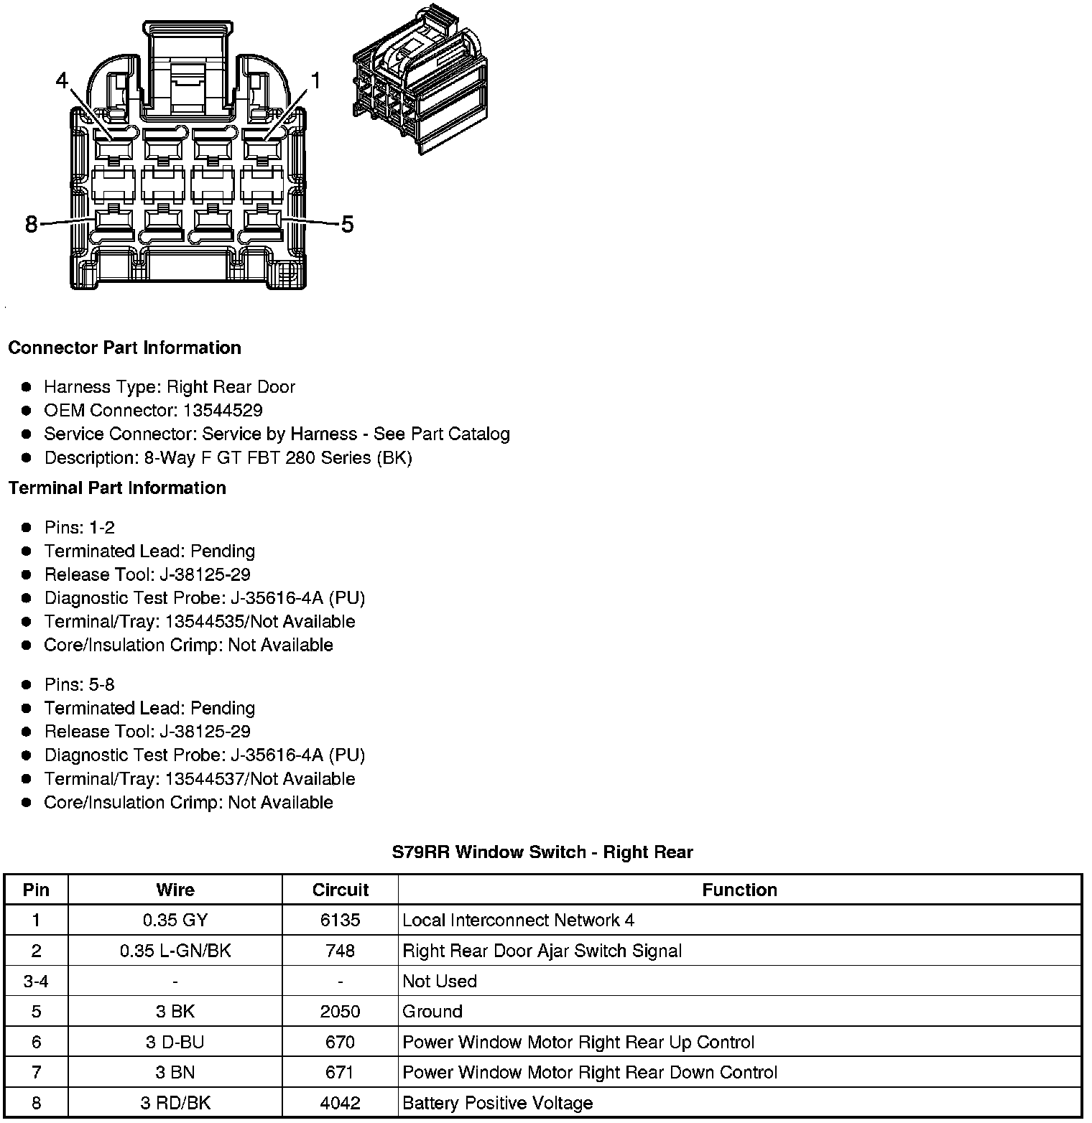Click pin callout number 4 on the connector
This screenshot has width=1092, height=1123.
[x=62, y=80]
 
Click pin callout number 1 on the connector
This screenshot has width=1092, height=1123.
[x=314, y=80]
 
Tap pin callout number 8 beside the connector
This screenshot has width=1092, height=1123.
[x=31, y=225]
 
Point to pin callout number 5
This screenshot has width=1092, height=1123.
[x=347, y=225]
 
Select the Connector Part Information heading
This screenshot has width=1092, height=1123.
[x=124, y=348]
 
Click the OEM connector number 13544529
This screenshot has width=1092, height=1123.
[x=223, y=411]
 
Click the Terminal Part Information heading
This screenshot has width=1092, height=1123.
[x=117, y=488]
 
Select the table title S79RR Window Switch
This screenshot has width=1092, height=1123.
[x=542, y=852]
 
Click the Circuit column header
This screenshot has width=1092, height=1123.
[x=340, y=890]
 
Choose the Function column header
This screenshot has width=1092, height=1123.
[x=739, y=890]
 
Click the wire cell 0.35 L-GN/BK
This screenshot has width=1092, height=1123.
[x=175, y=951]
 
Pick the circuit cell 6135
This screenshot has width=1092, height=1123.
[x=340, y=921]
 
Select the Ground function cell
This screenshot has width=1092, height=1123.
[x=432, y=1012]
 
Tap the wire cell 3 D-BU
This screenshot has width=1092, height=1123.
[x=175, y=1042]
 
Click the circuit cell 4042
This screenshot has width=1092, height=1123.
[x=340, y=1103]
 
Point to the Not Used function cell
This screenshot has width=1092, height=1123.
[x=440, y=982]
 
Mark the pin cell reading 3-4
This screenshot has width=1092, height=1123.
[x=36, y=982]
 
